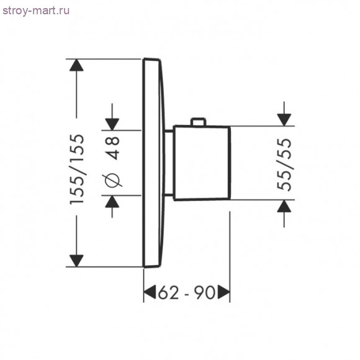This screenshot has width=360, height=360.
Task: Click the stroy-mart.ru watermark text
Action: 36,11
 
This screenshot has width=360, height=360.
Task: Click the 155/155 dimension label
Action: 77,169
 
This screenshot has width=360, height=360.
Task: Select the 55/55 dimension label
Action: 284,164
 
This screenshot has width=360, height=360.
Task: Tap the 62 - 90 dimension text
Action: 187,292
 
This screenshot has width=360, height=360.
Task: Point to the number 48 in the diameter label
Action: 113,148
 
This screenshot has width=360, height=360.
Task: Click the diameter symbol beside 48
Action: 113,180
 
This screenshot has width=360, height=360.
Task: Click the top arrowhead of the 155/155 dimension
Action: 76,65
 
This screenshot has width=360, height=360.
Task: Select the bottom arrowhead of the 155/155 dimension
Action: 76,261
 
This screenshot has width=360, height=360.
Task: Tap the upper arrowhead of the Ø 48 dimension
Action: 112,124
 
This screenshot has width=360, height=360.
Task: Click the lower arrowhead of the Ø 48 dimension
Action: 112,202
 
